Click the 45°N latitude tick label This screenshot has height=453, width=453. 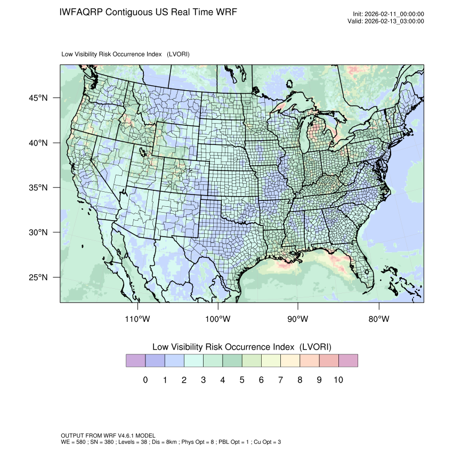[38, 98]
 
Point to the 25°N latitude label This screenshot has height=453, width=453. [38, 278]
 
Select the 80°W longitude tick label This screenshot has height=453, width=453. [379, 319]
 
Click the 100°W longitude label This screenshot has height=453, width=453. [218, 319]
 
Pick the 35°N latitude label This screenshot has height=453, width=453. [38, 188]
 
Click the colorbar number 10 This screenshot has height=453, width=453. [338, 380]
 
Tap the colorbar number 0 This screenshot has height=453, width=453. [145, 380]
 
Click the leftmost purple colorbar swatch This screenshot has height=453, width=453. [135, 361]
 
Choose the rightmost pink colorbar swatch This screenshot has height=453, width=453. [348, 361]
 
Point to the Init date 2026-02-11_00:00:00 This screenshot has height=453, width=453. [394, 14]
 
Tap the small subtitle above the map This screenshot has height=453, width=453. [125, 54]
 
